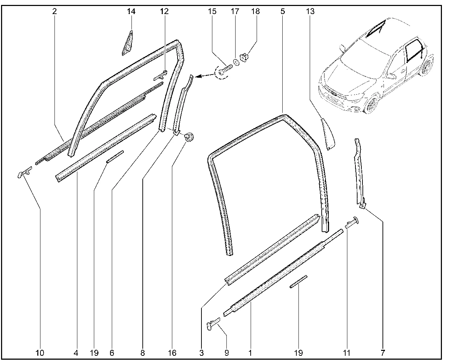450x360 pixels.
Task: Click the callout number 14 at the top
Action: pyautogui.click(x=131, y=11)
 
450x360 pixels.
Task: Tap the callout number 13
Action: pyautogui.click(x=310, y=11)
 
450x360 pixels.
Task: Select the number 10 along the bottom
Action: pyautogui.click(x=40, y=353)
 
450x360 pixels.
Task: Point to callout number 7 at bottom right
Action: pyautogui.click(x=382, y=353)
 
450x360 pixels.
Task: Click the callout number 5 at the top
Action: pyautogui.click(x=283, y=11)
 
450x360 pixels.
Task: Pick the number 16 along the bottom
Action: pyautogui.click(x=172, y=353)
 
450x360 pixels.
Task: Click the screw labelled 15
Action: pyautogui.click(x=225, y=69)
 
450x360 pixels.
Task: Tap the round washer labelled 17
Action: pyautogui.click(x=237, y=62)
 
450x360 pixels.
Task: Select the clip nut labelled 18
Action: pyautogui.click(x=244, y=57)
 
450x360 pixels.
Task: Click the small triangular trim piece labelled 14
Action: pyautogui.click(x=128, y=44)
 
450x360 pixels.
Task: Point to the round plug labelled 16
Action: pyautogui.click(x=189, y=137)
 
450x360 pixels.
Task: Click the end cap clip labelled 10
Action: pyautogui.click(x=25, y=172)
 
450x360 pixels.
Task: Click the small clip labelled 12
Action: pyautogui.click(x=161, y=76)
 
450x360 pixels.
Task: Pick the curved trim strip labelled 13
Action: pyautogui.click(x=328, y=134)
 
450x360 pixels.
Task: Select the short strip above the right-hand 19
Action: pyautogui.click(x=298, y=282)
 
